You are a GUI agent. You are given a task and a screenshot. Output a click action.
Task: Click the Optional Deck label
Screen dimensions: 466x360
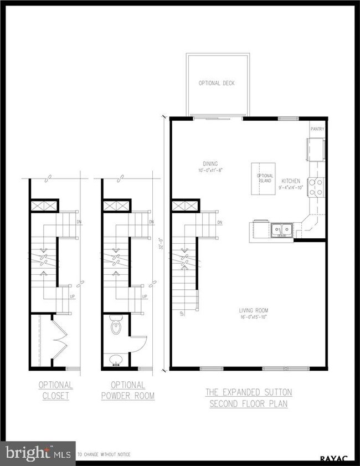[217, 83]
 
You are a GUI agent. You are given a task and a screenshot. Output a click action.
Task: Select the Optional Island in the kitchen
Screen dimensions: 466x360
[264, 179]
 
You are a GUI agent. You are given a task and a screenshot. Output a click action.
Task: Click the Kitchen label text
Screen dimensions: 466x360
[291, 181]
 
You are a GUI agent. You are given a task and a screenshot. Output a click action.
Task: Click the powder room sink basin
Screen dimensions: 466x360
[116, 361]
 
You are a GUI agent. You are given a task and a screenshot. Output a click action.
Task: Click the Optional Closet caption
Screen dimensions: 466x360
[55, 390]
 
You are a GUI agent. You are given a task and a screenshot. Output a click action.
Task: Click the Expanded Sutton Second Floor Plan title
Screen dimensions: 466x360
[249, 398]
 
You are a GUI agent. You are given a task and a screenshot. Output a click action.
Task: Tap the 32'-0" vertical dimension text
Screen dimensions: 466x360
[161, 244]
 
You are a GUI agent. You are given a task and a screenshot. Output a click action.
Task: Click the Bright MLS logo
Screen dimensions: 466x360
[38, 453]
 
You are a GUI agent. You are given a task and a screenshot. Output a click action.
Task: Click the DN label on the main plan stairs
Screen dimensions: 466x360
[219, 223]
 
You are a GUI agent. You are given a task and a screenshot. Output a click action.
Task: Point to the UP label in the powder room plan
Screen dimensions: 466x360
[144, 297]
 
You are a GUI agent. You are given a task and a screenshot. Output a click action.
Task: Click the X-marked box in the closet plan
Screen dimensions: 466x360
[42, 206]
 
